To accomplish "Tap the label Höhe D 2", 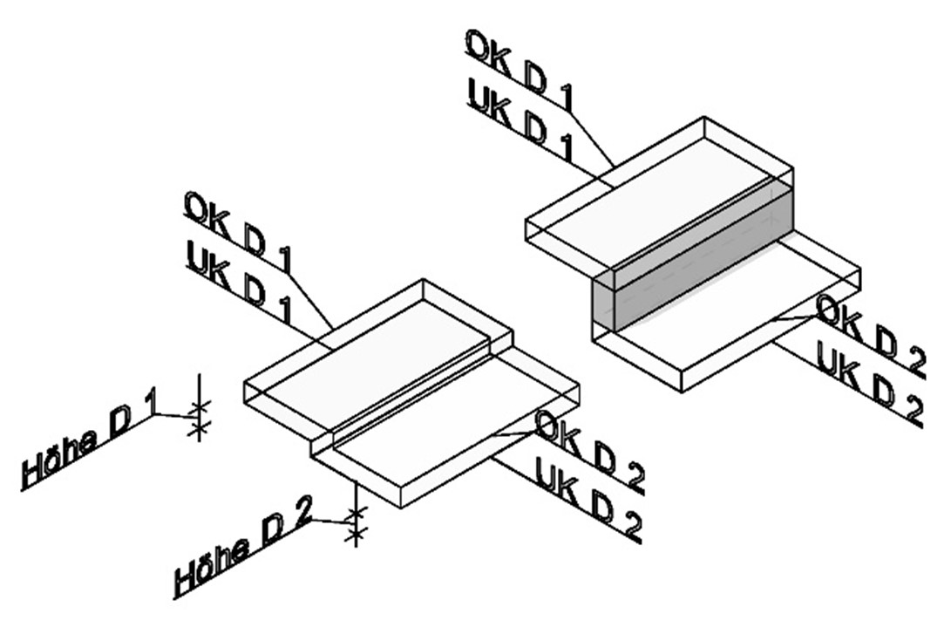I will [243, 549].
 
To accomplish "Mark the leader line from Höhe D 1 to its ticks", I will [173, 416].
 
